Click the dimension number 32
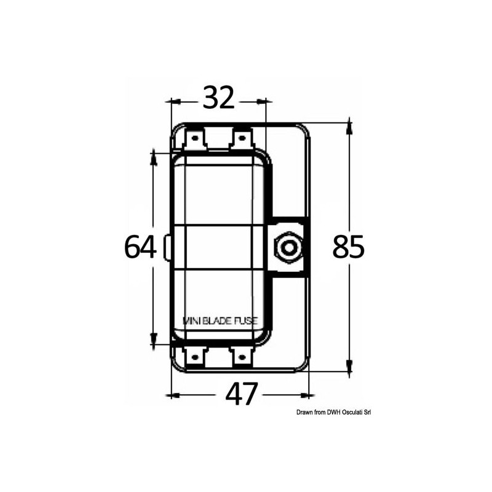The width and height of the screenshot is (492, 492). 218,98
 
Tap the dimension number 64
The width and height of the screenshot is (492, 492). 141,247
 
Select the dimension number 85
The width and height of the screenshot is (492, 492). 349,247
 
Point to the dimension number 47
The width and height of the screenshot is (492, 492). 240,394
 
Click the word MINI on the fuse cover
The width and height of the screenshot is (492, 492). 195,320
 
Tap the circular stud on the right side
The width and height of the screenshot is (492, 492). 287,248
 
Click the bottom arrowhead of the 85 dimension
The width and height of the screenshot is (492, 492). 349,367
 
